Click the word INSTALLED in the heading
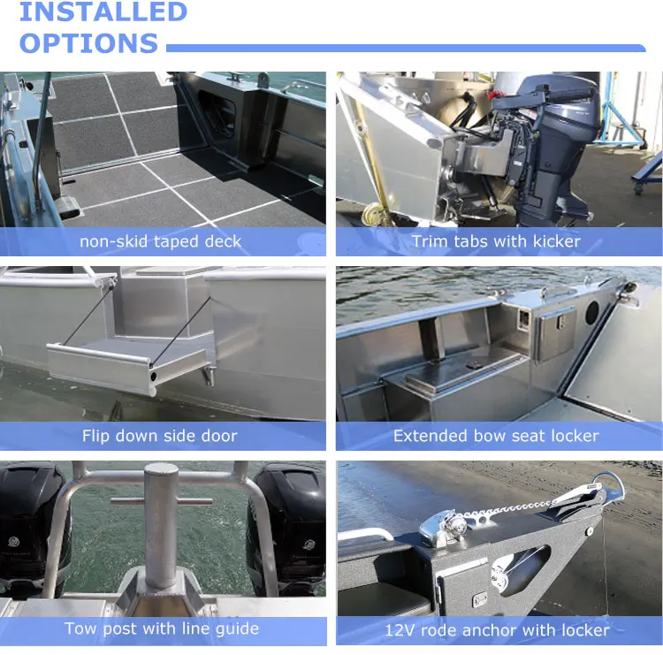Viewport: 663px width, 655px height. coord(103,11)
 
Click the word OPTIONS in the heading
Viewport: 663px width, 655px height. coord(88,43)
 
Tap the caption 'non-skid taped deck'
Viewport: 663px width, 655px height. coord(160,241)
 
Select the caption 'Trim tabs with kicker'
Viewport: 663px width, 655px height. coord(496,241)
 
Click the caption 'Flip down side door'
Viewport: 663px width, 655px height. coord(160,436)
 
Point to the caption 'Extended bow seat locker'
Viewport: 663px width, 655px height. coord(496,436)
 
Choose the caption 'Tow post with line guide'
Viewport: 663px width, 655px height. coord(162,628)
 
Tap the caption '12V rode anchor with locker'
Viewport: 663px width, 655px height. coord(497,630)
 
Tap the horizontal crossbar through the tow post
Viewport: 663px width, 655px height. coord(161,502)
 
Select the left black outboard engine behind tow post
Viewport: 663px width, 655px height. coord(32,529)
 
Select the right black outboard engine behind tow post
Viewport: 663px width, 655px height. coord(287,529)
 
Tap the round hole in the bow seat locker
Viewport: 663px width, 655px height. coord(592,312)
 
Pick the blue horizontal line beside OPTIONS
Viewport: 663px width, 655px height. coord(406,49)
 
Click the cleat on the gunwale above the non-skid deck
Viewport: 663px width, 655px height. coord(234,77)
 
